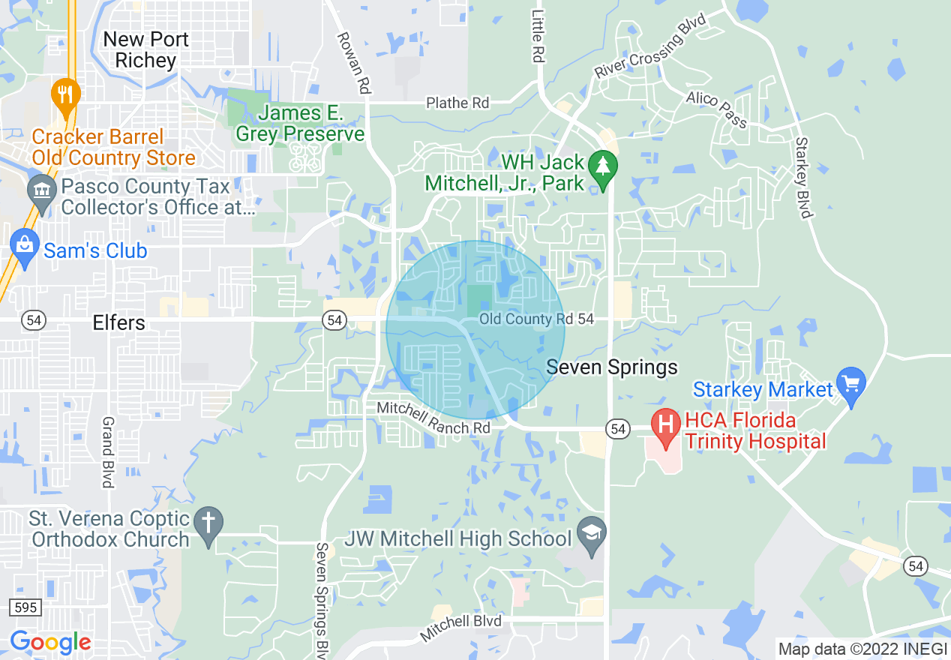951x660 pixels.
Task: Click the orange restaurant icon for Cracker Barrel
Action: coord(67,95)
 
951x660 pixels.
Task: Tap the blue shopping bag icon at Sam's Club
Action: coord(25,248)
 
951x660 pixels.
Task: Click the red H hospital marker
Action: coord(665,424)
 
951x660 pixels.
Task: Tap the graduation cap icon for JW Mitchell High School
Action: coord(592,534)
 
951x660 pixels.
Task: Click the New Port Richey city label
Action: coord(145,49)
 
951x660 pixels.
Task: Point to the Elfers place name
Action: coord(118,322)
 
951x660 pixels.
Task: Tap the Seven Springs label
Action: coord(612,367)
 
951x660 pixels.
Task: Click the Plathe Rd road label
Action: coord(457,103)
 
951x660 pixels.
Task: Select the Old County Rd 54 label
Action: coord(536,319)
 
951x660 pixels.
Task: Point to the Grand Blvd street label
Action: coord(108,452)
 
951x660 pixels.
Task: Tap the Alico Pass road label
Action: coord(716,109)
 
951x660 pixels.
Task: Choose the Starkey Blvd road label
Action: coord(803,178)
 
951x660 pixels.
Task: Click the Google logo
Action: coord(50,642)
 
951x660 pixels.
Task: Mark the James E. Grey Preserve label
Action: coord(300,124)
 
